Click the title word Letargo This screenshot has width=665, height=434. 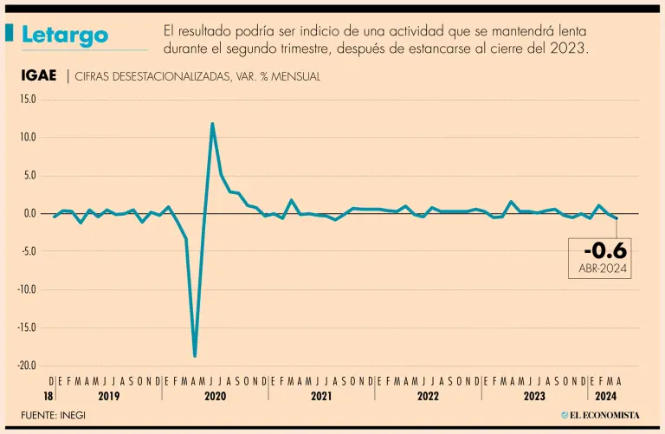[65, 35]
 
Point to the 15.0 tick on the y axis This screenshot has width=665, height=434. [28, 100]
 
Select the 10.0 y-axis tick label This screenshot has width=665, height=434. [28, 138]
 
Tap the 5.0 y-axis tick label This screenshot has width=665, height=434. [29, 176]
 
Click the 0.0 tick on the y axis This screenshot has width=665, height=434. [29, 214]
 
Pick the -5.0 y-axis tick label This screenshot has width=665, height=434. [28, 252]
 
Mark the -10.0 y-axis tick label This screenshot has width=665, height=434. [26, 290]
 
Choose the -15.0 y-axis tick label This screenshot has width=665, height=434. [26, 328]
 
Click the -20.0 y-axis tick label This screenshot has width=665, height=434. [26, 366]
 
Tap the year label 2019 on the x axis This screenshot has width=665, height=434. [108, 395]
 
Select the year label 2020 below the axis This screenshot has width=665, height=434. [215, 395]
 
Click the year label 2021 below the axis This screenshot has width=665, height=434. [321, 395]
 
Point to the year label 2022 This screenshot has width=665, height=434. [428, 395]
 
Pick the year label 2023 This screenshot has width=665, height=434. [534, 395]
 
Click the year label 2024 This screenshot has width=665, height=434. [605, 395]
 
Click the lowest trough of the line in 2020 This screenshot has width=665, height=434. [195, 356]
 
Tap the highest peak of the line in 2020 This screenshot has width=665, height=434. [212, 124]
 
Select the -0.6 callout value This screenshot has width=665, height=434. [604, 251]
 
